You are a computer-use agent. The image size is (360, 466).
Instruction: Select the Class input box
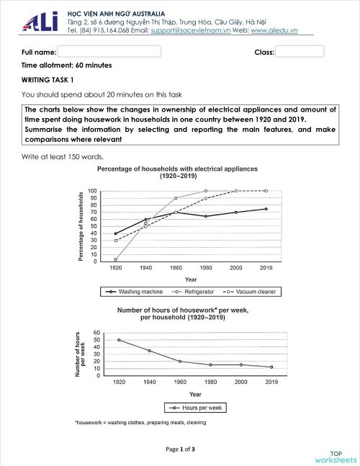(x=300, y=52)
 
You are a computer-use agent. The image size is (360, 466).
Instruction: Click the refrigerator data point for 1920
(x=115, y=259)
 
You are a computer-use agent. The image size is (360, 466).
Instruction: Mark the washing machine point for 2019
(x=266, y=209)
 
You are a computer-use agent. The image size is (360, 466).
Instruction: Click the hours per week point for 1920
(x=118, y=340)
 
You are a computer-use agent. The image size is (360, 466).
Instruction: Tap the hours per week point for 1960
(x=180, y=362)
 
